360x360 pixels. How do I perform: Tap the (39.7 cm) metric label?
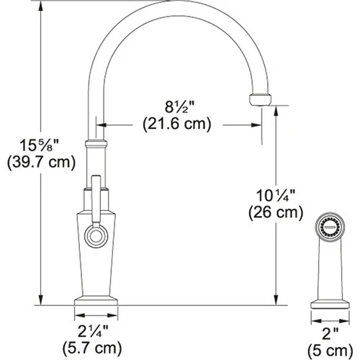pyautogui.click(x=39, y=162)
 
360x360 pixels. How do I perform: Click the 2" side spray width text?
pyautogui.click(x=330, y=333)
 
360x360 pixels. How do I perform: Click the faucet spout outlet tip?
pyautogui.click(x=258, y=99)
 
